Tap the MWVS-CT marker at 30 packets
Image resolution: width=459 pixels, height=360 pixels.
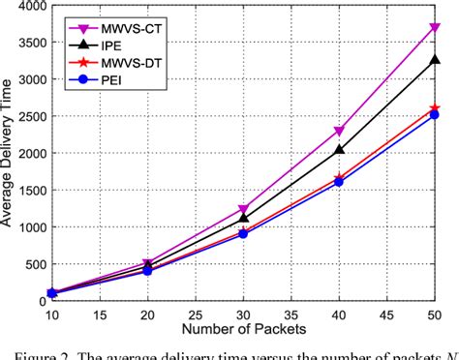pos(243,209)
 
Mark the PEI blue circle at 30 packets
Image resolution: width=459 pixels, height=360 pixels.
pos(243,234)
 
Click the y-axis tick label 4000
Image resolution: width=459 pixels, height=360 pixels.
pos(31,6)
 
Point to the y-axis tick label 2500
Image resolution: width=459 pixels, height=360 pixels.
pos(31,117)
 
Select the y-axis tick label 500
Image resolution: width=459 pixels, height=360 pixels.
pos(35,264)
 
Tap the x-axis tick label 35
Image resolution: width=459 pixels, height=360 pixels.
pos(291,314)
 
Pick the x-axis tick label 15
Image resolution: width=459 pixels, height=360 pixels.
pos(99,314)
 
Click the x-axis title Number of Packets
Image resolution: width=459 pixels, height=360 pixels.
pos(242,329)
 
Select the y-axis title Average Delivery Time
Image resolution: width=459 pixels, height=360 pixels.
pos(10,155)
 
